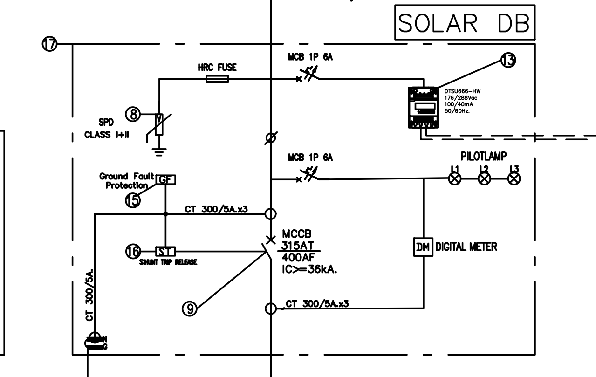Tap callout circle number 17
tap(50, 44)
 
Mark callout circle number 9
tap(190, 307)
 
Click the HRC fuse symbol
tap(217, 79)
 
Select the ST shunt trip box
tap(165, 252)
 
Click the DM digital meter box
tap(424, 247)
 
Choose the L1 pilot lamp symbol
tap(454, 179)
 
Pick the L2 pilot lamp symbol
tap(484, 179)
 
